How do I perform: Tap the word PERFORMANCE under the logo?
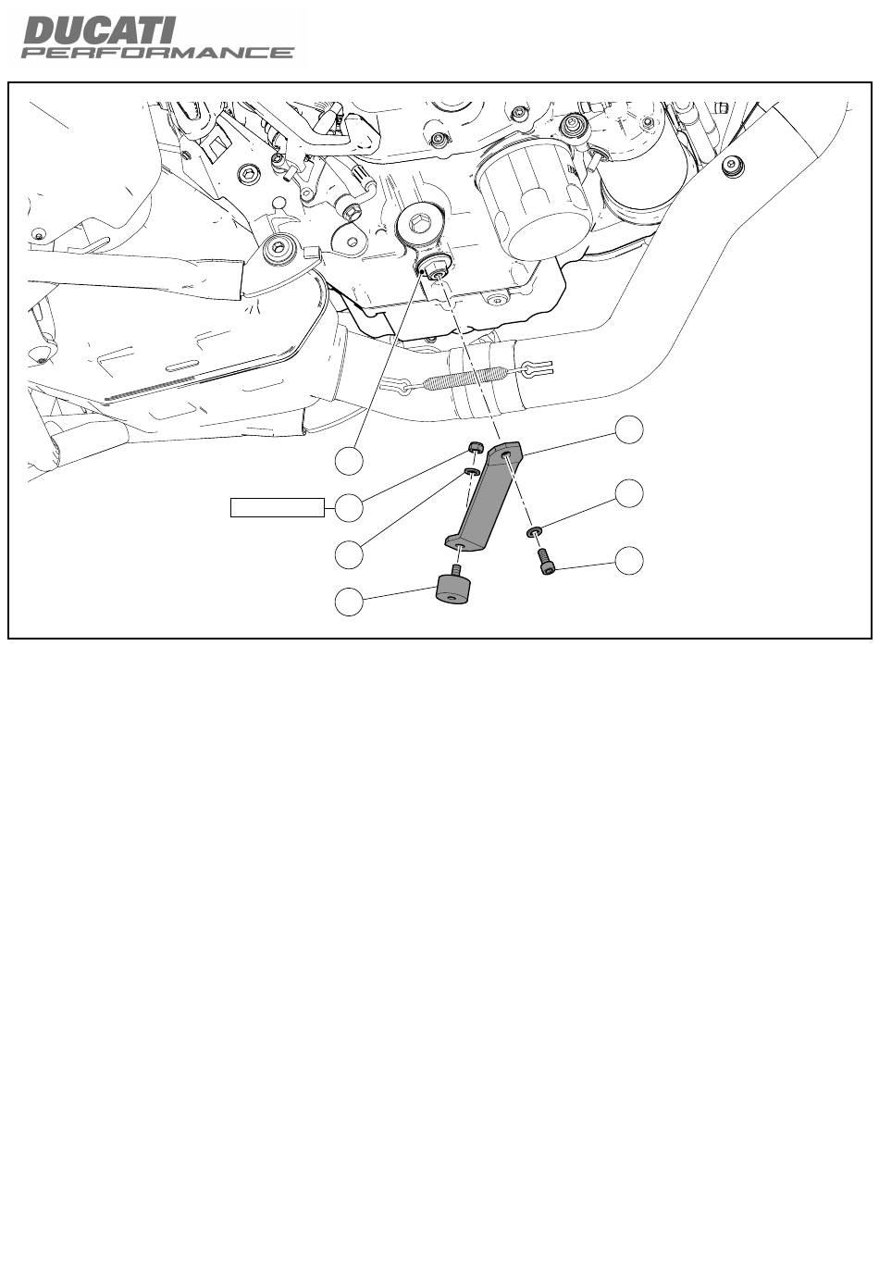157,53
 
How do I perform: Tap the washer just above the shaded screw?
535,530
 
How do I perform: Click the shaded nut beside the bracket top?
476,447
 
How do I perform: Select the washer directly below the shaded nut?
472,471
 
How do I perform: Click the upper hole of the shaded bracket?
506,454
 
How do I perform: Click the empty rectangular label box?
278,507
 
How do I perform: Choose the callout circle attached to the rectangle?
349,507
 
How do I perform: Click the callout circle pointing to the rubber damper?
349,602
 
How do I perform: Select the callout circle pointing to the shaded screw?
629,560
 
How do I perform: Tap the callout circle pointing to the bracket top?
629,429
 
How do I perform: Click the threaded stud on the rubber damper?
456,569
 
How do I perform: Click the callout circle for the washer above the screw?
629,494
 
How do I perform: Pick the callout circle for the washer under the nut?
349,554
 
